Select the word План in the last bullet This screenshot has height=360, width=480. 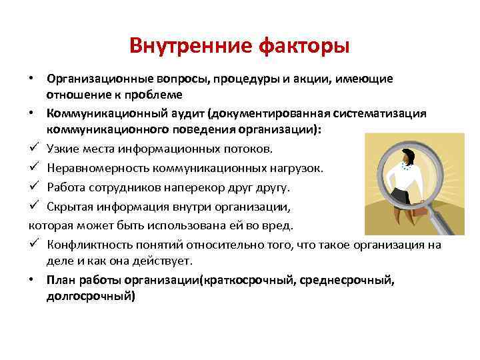59,279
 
